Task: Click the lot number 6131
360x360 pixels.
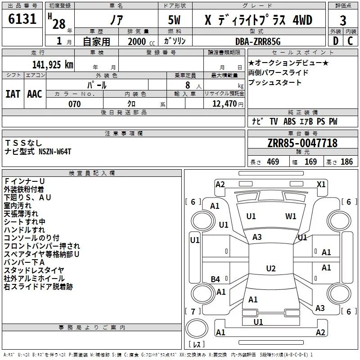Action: [x=22, y=19]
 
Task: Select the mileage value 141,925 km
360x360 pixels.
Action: [x=53, y=64]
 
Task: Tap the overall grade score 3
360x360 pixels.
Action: [x=343, y=21]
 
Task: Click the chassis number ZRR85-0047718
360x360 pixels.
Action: [x=302, y=143]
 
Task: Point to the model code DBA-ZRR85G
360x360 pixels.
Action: [x=258, y=41]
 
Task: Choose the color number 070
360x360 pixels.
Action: [x=75, y=104]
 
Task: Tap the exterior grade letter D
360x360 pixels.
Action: [x=336, y=41]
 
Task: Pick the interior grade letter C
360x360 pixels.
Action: [x=350, y=41]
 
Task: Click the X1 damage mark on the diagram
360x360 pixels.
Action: [x=321, y=184]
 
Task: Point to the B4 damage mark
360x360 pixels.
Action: [x=215, y=279]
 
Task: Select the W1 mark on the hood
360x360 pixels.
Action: [x=291, y=216]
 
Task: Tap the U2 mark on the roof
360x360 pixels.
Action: [x=271, y=268]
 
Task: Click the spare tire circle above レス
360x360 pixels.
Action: [x=197, y=328]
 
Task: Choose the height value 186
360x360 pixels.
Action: [x=346, y=162]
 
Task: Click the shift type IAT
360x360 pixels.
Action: [x=13, y=94]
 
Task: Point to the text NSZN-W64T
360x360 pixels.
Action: [x=55, y=152]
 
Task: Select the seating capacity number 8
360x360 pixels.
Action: [x=188, y=85]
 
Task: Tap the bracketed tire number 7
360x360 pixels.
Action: [x=193, y=311]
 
